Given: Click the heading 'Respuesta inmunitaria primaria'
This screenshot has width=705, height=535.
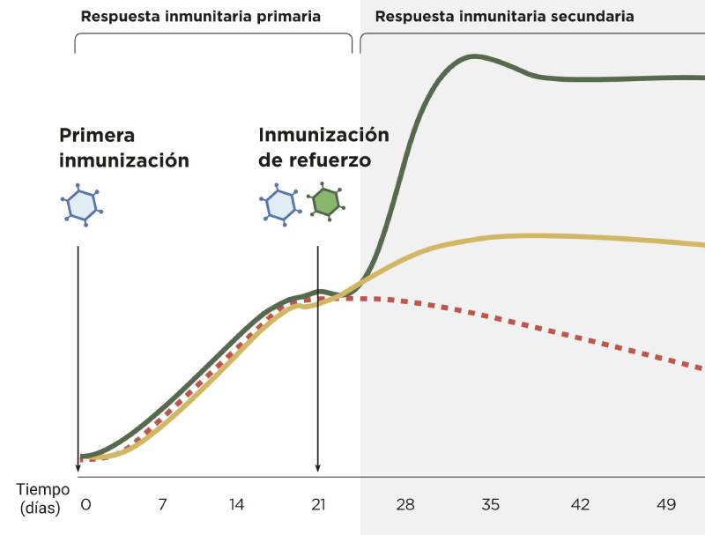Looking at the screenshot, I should pyautogui.click(x=201, y=17).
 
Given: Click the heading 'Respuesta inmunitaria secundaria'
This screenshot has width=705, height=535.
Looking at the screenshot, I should pyautogui.click(x=504, y=17).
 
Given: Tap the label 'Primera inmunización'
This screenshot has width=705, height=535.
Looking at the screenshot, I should pyautogui.click(x=124, y=148).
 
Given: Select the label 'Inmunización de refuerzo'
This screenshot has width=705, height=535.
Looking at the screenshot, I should pyautogui.click(x=323, y=148).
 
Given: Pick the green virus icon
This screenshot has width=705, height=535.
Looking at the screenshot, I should pyautogui.click(x=325, y=202).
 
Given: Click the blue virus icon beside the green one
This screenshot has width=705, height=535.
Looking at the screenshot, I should pyautogui.click(x=279, y=204).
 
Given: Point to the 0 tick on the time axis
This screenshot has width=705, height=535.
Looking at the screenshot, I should pyautogui.click(x=85, y=505).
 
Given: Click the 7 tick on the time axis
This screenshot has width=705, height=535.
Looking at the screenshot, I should pyautogui.click(x=162, y=505).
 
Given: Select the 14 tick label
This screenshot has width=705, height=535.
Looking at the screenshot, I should pyautogui.click(x=236, y=505).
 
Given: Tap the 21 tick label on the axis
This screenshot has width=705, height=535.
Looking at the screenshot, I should pyautogui.click(x=318, y=505).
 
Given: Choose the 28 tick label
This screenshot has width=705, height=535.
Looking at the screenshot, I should pyautogui.click(x=405, y=505).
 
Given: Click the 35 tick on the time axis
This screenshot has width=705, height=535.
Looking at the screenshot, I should pyautogui.click(x=491, y=505).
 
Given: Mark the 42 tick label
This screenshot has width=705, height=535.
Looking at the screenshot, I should pyautogui.click(x=580, y=505).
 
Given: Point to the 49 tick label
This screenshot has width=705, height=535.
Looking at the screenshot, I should pyautogui.click(x=666, y=505).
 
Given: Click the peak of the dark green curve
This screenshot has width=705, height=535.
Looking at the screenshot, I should pyautogui.click(x=474, y=57).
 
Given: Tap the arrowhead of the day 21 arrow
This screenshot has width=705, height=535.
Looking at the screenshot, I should pyautogui.click(x=317, y=468).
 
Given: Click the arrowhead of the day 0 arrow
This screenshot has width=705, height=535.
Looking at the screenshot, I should pyautogui.click(x=78, y=468).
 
